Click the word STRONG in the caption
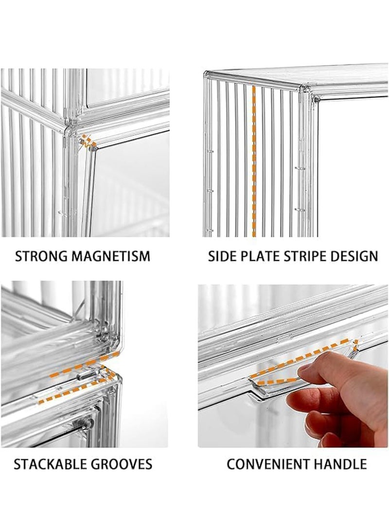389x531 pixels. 41,256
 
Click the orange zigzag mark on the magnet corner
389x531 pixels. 88,142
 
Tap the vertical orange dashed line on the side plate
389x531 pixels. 254,161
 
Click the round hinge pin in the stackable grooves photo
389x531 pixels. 88,423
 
